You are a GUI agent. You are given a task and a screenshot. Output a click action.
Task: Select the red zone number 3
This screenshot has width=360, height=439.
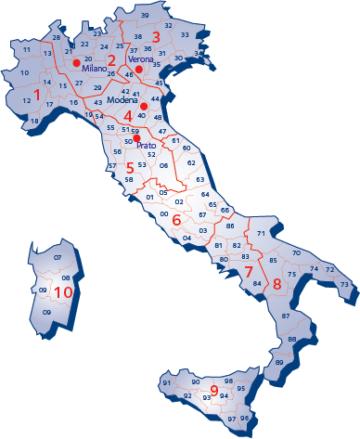coord(156,36)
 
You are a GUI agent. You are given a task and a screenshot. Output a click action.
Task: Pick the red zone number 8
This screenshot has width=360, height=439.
coord(276,282)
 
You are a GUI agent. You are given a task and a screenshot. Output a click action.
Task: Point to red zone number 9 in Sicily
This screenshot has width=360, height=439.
coord(213,392)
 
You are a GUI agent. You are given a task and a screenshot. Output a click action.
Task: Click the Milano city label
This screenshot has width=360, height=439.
coord(95,69)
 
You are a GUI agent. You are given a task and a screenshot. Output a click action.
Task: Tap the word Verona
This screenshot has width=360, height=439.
coord(140,58)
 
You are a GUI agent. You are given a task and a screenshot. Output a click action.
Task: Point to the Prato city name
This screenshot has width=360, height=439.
coord(146,146)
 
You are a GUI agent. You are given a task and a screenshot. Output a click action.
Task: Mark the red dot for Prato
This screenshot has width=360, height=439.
coord(136,139)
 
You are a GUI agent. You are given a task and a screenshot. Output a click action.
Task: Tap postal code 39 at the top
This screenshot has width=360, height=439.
coord(145,17)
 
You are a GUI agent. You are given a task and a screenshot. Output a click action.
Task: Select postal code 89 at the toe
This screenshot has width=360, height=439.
coord(278,361)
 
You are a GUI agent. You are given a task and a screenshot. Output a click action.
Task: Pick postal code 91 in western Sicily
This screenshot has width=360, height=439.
coord(166,382)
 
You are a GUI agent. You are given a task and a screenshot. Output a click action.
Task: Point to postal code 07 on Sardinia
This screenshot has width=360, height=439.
coord(58,257)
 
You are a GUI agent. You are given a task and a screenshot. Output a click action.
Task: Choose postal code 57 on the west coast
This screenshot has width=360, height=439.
coord(111,166)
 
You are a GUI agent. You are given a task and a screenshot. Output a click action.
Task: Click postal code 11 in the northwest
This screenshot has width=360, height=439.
coord(26,48)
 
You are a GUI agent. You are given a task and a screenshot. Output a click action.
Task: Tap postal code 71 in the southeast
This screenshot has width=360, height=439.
coord(262,233)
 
